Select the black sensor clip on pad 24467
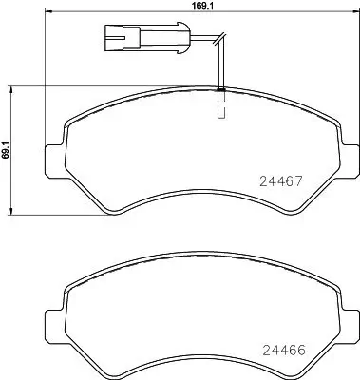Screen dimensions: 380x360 (x=220, y=89)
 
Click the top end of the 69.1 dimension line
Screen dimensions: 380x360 (x=10, y=86)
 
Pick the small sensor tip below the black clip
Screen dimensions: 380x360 (x=221, y=110)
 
